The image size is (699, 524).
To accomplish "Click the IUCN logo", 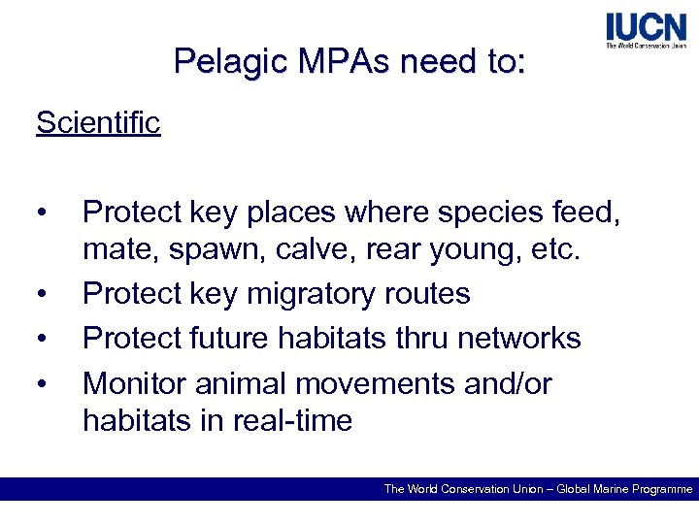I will point(645,31).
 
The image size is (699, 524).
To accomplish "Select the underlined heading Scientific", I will point(98,123).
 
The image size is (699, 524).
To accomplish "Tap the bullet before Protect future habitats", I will point(41,339).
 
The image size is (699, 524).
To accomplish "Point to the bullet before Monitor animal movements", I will point(41,384).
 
